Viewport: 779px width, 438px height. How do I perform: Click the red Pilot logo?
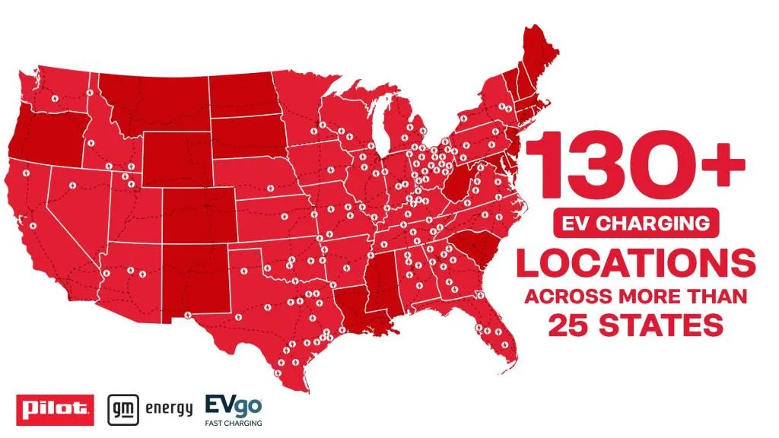[x=54, y=409]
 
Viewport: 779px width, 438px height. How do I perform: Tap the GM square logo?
[x=122, y=408]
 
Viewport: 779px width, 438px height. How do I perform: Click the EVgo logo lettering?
[x=233, y=404]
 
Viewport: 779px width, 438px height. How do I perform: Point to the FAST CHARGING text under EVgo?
[x=234, y=423]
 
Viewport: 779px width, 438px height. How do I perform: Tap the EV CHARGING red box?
[x=636, y=224]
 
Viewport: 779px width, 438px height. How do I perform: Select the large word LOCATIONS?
[x=636, y=262]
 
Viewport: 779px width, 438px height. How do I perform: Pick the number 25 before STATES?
[x=574, y=325]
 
